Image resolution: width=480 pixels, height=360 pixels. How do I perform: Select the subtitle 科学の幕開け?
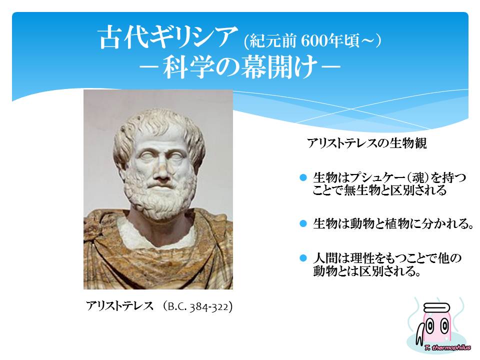[239, 67]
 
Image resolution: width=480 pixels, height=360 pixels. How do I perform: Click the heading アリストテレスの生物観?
[367, 143]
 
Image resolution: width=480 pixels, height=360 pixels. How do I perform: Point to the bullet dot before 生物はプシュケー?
[303, 177]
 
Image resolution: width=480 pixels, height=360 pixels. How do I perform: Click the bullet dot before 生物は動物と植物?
[303, 223]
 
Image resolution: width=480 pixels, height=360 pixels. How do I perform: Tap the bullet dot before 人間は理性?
[303, 258]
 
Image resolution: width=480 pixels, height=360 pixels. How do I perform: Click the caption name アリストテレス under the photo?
[119, 306]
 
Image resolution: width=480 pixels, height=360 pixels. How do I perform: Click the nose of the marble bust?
[160, 172]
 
